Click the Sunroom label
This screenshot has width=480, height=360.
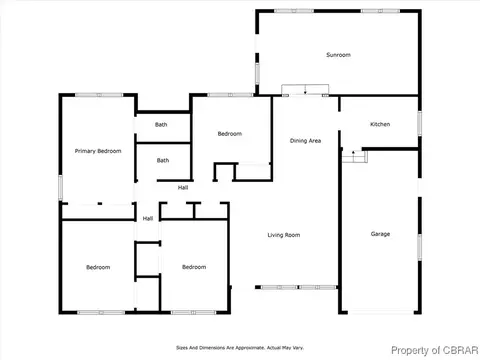pyautogui.click(x=338, y=55)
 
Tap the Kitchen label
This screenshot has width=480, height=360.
pyautogui.click(x=380, y=124)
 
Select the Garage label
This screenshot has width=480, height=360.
pyautogui.click(x=380, y=234)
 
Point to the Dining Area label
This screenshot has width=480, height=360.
pyautogui.click(x=305, y=141)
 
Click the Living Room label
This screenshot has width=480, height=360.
pyautogui.click(x=284, y=235)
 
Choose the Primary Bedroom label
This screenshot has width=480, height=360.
pyautogui.click(x=98, y=151)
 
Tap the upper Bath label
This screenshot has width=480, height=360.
pyautogui.click(x=161, y=125)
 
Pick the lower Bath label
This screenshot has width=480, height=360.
pyautogui.click(x=163, y=160)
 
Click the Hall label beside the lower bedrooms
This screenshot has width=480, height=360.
pyautogui.click(x=148, y=218)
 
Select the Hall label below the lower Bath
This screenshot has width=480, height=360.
pyautogui.click(x=183, y=188)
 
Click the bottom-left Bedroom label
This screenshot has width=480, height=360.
pyautogui.click(x=98, y=267)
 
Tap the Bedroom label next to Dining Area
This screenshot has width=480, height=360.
pyautogui.click(x=230, y=134)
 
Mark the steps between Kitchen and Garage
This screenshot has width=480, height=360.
pyautogui.click(x=355, y=157)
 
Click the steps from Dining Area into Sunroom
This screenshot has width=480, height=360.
pyautogui.click(x=305, y=89)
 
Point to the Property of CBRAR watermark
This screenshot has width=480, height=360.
pyautogui.click(x=435, y=350)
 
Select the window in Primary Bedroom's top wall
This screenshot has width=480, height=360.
pyautogui.click(x=99, y=95)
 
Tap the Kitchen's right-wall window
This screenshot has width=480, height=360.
pyautogui.click(x=420, y=124)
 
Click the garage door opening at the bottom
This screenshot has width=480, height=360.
pyautogui.click(x=381, y=312)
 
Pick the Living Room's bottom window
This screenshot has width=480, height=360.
pyautogui.click(x=299, y=287)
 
